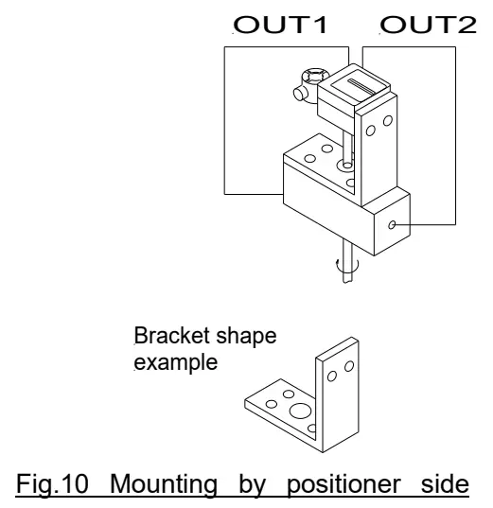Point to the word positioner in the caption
(378, 475)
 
